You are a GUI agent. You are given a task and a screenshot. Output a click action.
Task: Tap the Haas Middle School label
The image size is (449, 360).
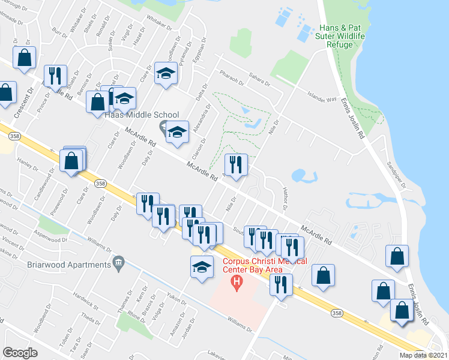tap(142, 115)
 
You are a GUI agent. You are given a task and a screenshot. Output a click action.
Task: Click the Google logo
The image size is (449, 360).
tap(20, 353)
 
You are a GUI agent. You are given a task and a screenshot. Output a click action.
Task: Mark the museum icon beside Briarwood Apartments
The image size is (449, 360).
tap(119, 263)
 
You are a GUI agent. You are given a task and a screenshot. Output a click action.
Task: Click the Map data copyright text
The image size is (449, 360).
tap(423, 355)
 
